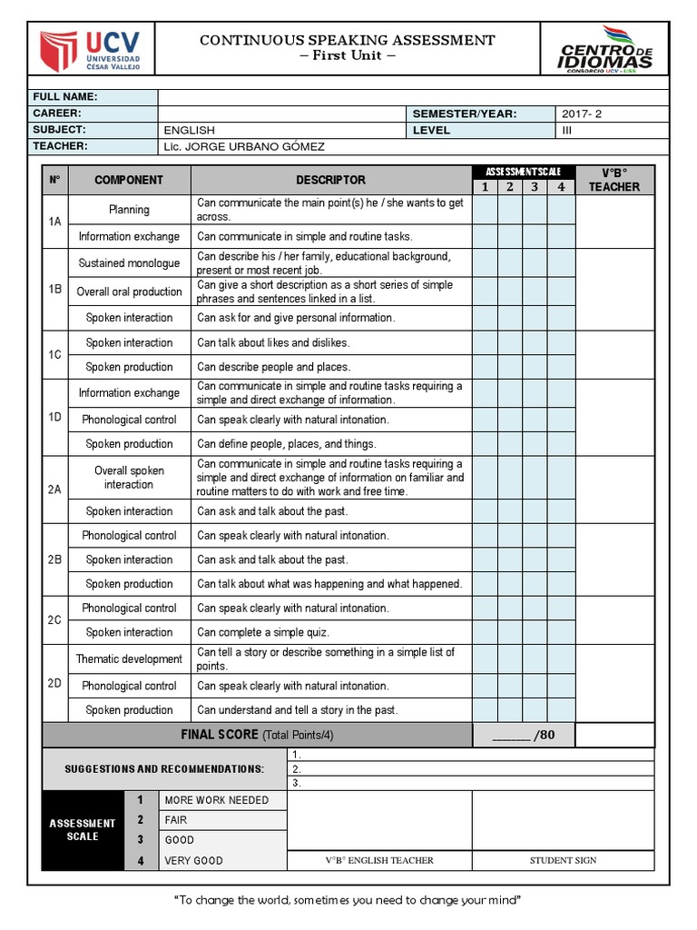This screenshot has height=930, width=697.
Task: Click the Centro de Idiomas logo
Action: point(605,51)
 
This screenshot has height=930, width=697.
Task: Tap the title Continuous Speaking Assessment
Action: point(347,40)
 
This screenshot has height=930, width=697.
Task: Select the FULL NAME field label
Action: point(65,97)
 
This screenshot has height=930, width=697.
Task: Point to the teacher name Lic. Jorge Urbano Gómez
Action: point(243,146)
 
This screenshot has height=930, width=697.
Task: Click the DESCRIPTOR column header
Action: point(330,180)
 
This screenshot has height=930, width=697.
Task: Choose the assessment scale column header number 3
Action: point(535,187)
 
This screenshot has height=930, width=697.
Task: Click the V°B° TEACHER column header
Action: point(614,180)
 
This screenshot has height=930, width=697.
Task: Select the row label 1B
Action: point(55,290)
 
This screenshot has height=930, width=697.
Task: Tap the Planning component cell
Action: point(129,210)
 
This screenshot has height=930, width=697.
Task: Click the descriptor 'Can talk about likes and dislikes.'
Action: point(273,342)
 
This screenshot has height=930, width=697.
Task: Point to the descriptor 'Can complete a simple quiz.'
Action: point(262,632)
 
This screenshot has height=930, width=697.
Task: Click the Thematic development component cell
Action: point(129,659)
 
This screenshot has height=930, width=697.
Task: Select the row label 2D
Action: point(55,683)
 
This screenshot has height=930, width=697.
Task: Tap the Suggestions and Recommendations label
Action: point(164,769)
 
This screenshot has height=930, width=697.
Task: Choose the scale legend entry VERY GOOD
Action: point(193,860)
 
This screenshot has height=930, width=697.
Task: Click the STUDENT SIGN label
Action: point(564,860)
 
